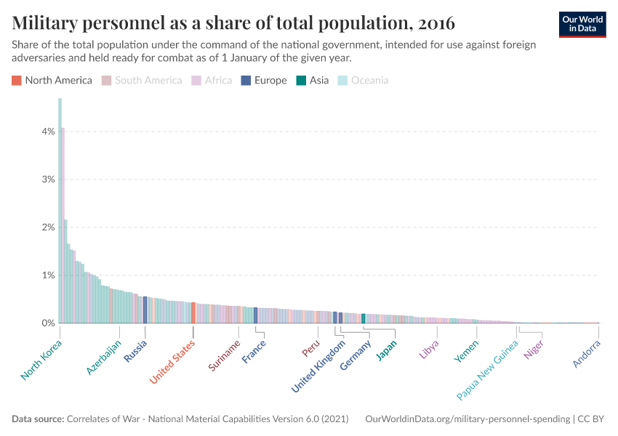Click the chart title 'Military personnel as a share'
[x=233, y=23]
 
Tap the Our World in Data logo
[x=582, y=24]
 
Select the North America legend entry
[x=52, y=80]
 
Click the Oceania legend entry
[x=363, y=80]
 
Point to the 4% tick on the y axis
[x=47, y=132]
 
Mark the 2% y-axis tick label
[x=47, y=227]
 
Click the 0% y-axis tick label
[x=47, y=323]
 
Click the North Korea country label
[x=41, y=360]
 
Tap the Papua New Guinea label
[x=487, y=370]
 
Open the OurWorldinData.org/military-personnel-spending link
[x=466, y=419]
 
